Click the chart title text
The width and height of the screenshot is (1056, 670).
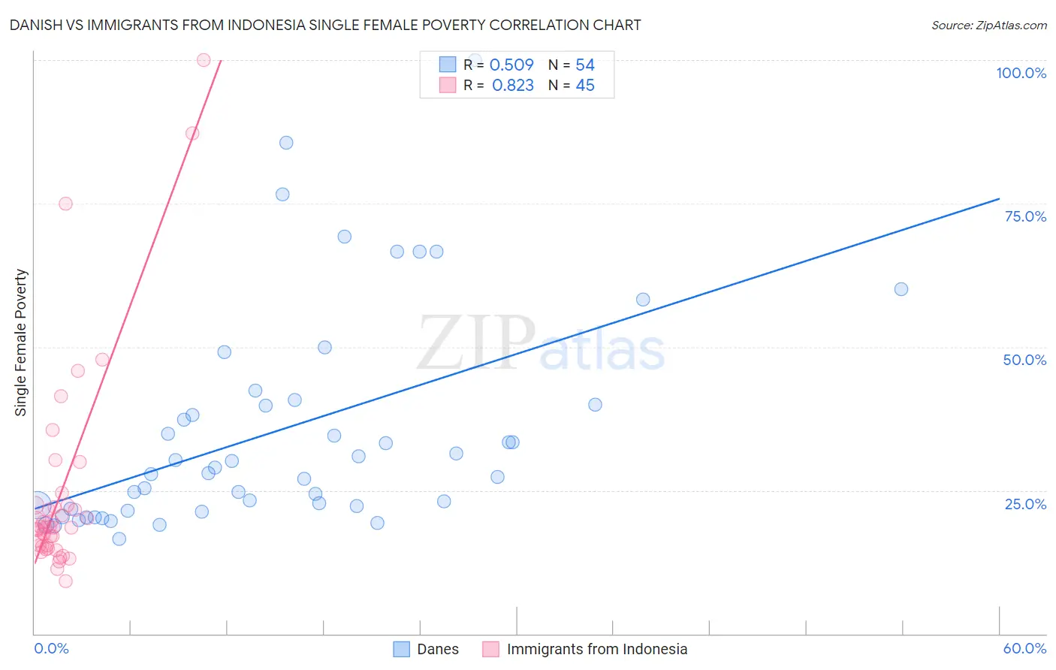[325, 25]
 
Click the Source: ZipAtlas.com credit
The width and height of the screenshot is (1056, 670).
[988, 25]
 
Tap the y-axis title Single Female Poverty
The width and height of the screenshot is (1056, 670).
[21, 343]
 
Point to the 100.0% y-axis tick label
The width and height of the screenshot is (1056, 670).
[1021, 73]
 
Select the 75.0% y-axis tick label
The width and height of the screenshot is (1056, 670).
[1025, 216]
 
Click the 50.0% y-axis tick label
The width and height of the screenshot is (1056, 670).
[1024, 360]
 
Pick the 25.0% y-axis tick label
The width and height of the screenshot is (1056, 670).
[1025, 504]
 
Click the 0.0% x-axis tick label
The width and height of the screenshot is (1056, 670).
[51, 648]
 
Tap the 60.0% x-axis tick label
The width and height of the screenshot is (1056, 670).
[1024, 648]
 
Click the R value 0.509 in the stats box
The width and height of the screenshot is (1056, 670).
[511, 65]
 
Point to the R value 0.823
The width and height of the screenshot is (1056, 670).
[513, 86]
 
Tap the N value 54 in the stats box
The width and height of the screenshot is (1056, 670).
[585, 65]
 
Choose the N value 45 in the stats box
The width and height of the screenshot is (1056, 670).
[585, 86]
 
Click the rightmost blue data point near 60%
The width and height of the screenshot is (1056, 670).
[901, 289]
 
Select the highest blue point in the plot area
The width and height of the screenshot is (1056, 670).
[475, 59]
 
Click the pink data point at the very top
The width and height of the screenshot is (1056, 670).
[204, 60]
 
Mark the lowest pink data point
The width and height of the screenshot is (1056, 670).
[65, 581]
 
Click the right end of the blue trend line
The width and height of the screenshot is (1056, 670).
[999, 198]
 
